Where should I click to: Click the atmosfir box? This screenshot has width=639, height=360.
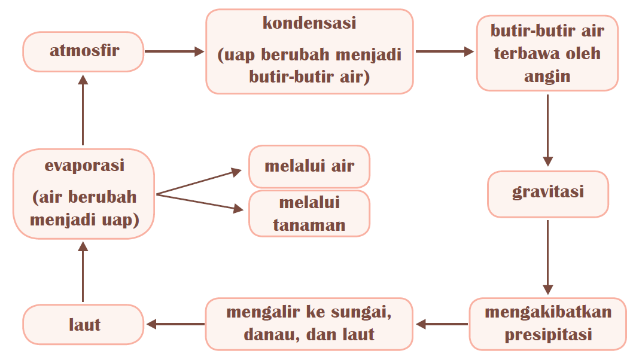point(83,51)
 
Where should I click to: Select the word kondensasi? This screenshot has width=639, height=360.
point(309,24)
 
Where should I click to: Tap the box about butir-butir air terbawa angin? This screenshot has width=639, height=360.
point(547,53)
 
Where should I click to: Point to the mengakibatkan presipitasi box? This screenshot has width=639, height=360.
point(547,324)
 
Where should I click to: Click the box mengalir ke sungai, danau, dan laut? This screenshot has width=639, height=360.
point(309,324)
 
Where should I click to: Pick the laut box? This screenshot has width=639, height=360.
point(83,324)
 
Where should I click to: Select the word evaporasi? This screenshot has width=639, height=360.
point(84,166)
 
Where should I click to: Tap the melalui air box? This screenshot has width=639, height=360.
point(309,166)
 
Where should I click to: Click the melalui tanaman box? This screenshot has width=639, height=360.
point(309,213)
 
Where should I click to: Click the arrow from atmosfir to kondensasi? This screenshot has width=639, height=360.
point(174,51)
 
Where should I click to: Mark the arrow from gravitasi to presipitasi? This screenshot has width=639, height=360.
point(547,257)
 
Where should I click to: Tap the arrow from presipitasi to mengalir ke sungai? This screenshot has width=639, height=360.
point(442,324)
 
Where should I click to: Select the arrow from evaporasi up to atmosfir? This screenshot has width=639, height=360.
point(83,113)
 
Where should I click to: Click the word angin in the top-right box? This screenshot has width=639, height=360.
point(547,76)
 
